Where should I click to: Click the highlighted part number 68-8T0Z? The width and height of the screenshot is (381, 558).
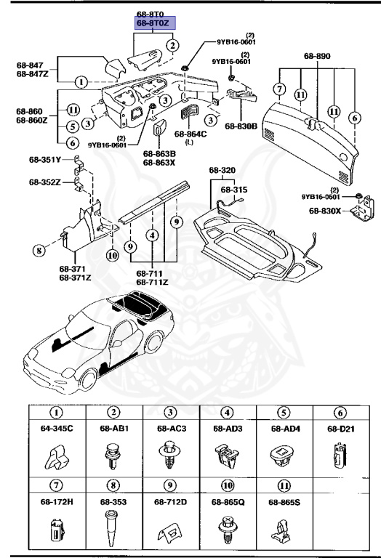[x=151, y=24]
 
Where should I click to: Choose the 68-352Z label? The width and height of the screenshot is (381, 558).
[x=46, y=182]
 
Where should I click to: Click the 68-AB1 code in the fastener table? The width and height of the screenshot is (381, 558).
[x=113, y=429]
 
